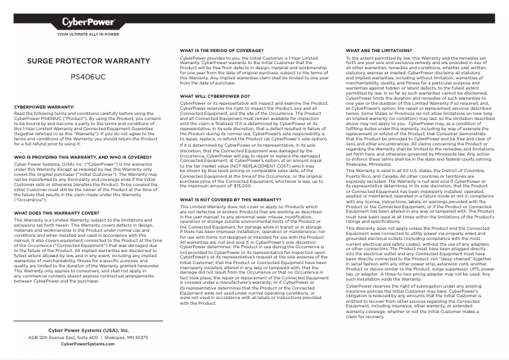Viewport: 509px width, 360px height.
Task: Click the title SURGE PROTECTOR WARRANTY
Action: click(x=88, y=62)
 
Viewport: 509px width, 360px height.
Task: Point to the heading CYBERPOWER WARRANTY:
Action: click(x=44, y=107)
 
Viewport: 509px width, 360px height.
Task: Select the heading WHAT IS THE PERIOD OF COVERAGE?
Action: click(x=223, y=50)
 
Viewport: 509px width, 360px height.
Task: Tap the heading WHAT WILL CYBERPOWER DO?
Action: click(x=215, y=96)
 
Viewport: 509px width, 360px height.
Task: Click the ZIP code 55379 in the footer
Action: click(x=140, y=338)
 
